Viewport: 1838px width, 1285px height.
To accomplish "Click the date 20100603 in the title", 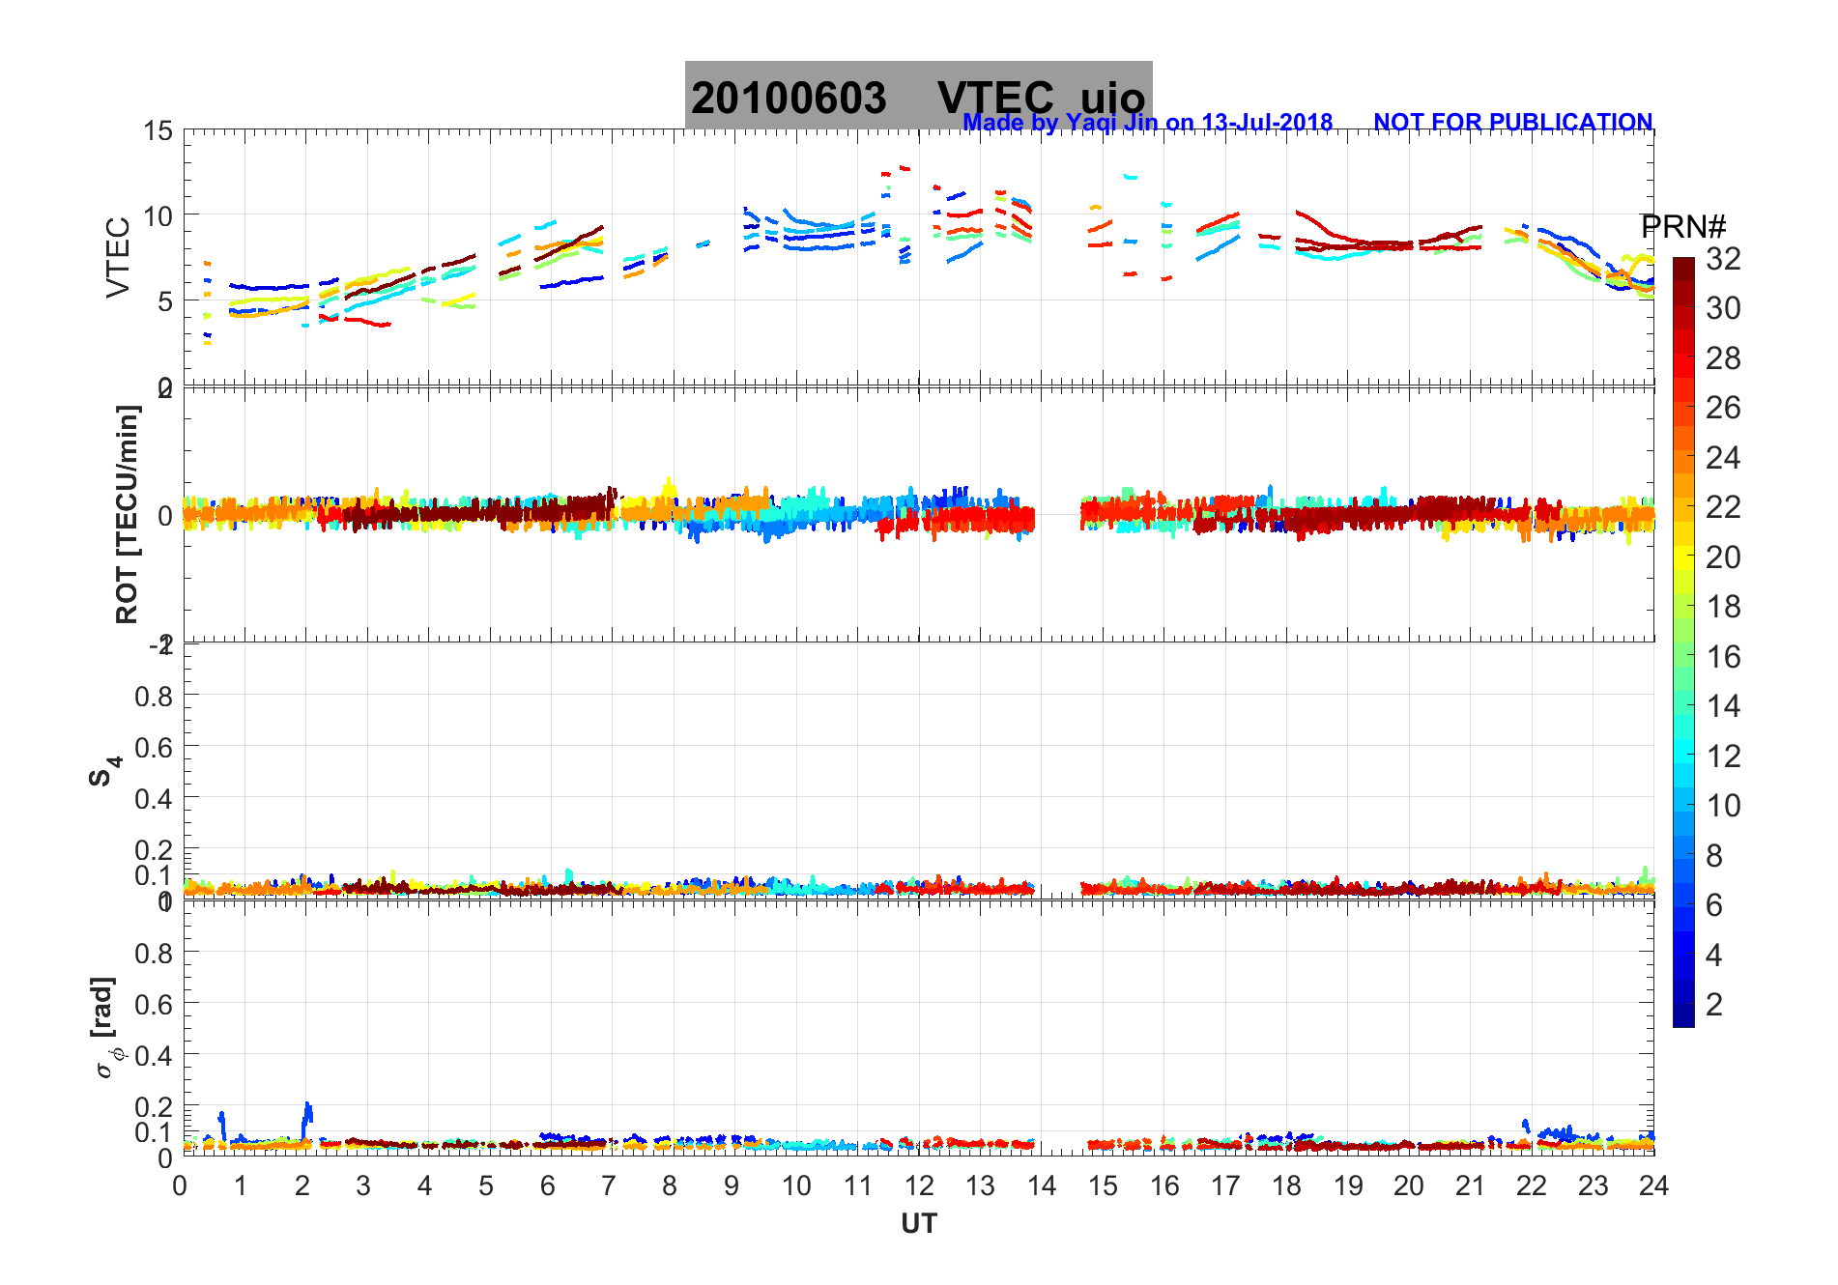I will (x=788, y=99).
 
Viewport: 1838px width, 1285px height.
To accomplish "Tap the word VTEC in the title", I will (x=995, y=99).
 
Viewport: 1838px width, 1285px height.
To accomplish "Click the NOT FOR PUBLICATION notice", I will (x=1512, y=123).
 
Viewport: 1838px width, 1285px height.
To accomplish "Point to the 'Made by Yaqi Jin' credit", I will (x=1147, y=123).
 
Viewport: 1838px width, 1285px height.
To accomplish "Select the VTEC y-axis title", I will (x=118, y=257).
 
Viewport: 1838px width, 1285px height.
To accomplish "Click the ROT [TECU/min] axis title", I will (x=127, y=514).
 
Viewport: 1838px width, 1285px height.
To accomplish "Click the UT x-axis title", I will (x=918, y=1224).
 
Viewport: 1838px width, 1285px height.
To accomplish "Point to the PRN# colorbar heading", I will (x=1683, y=227).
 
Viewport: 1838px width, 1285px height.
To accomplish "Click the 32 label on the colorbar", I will (x=1723, y=259).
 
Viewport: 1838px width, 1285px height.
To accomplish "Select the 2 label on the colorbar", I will (x=1713, y=1005).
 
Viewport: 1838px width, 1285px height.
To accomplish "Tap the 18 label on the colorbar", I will (x=1723, y=607).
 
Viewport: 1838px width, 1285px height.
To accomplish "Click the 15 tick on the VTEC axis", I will (x=158, y=131).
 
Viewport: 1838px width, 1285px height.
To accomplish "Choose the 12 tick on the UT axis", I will (x=918, y=1186).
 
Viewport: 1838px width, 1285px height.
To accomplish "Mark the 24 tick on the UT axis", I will (x=1653, y=1186).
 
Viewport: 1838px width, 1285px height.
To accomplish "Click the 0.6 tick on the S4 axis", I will (x=153, y=747).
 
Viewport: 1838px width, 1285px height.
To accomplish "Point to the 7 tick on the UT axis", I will (x=610, y=1186).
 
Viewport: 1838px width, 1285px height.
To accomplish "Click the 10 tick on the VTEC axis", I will (x=158, y=216).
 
